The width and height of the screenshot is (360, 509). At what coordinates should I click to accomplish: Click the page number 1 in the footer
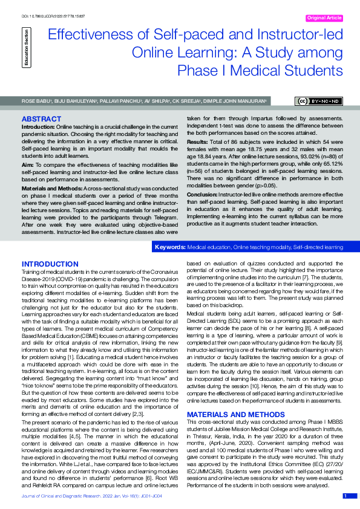[x=345, y=496]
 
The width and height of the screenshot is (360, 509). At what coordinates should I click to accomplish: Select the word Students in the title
[x=309, y=72]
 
